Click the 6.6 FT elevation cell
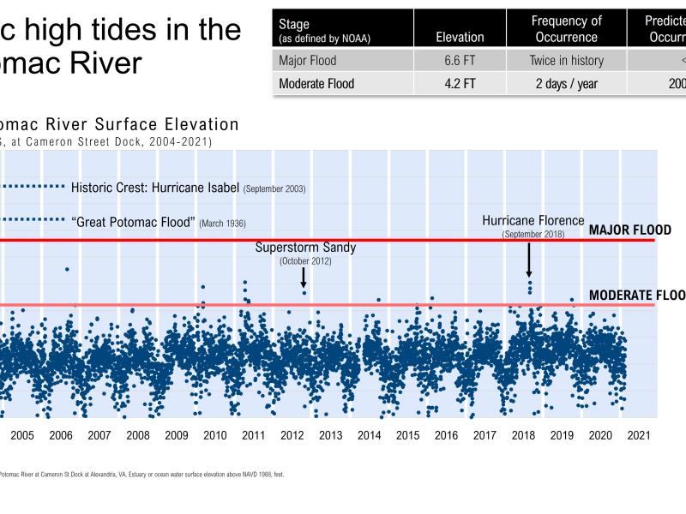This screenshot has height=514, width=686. pos(460,61)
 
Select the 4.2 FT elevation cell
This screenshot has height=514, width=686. pos(460,84)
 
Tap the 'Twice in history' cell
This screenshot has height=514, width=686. pos(566,61)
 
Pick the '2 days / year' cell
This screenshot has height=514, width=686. pos(566,84)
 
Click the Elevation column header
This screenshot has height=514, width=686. pos(460,38)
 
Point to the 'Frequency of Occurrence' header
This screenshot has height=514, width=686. pos(566,29)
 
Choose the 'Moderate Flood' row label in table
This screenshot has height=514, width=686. pos(316,84)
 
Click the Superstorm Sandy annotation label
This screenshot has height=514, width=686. pos(305,248)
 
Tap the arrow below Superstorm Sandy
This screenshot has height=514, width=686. pos(304,278)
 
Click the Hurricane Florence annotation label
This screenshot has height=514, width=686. pos(533,221)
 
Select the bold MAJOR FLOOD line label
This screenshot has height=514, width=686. pos(630,231)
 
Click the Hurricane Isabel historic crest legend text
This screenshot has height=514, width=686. pos(189,188)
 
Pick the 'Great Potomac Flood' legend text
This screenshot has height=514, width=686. pos(159,222)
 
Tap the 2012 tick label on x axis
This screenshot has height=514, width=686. pos(292,435)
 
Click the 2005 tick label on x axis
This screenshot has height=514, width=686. pos(21,435)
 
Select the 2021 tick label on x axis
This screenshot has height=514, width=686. pos(638,435)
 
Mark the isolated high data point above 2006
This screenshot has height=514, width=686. pos(67,269)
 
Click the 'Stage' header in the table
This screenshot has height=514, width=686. pos(295,24)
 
